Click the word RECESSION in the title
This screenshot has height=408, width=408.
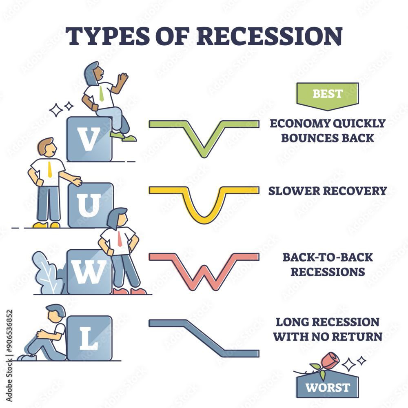coord(269,36)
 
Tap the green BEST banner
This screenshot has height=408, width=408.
coord(327,95)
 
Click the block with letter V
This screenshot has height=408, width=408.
coord(89,139)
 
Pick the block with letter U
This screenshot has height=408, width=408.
coord(90,205)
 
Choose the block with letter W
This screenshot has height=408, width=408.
coord(89,272)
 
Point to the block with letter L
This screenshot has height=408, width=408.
coord(89,338)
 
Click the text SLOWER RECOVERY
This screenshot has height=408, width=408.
coord(328,191)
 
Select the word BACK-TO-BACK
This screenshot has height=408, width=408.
coord(328,257)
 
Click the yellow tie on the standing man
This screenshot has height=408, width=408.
coord(50,169)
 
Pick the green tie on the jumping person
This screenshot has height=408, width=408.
coord(101,94)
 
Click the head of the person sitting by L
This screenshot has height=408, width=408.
coord(56,313)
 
